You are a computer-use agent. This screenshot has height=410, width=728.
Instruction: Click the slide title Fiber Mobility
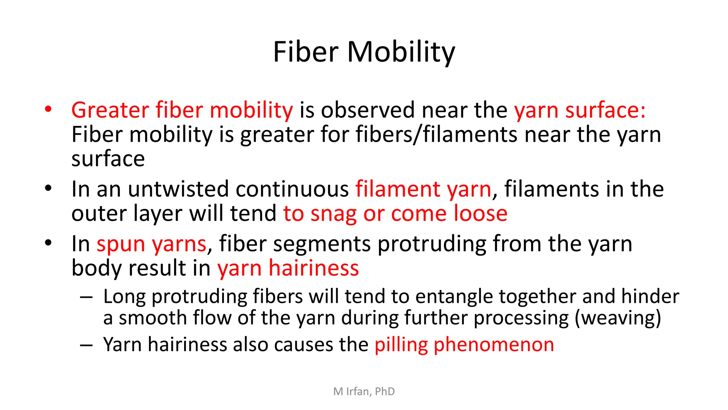click(364, 52)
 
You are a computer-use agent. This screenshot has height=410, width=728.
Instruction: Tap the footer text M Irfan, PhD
click(364, 391)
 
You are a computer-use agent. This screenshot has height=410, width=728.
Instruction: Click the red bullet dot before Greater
click(48, 109)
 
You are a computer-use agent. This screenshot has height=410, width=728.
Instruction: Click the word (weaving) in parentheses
click(618, 318)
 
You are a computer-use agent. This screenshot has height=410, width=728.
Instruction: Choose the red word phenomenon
click(494, 345)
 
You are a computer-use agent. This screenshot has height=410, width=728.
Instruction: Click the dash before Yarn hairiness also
click(86, 345)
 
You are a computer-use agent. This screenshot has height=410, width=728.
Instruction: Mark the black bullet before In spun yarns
click(48, 243)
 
